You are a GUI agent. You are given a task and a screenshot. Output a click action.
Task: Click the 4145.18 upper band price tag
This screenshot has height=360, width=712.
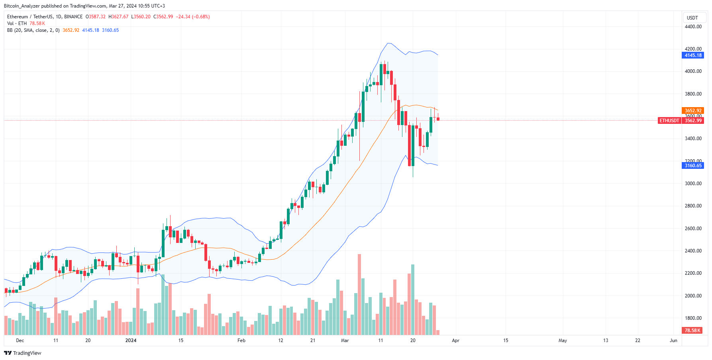click(x=693, y=55)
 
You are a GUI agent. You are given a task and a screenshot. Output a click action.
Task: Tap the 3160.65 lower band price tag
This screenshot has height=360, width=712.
click(x=693, y=166)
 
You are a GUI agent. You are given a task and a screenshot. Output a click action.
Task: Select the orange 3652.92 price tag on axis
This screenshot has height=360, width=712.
click(x=693, y=111)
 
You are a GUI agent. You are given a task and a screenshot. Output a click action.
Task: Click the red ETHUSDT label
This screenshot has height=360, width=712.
click(x=669, y=121)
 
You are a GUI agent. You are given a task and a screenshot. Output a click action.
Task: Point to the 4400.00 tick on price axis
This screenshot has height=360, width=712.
click(x=693, y=27)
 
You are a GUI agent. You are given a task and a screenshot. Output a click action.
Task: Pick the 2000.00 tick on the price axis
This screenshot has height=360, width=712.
click(x=693, y=296)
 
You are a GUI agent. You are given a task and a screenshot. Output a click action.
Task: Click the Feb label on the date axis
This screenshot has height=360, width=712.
click(x=241, y=340)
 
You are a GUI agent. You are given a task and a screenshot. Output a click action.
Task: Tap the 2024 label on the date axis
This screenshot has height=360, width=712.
click(x=131, y=340)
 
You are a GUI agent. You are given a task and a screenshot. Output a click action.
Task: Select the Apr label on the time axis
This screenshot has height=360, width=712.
click(x=455, y=340)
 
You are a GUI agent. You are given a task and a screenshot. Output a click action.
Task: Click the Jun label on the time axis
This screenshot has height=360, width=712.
click(x=673, y=340)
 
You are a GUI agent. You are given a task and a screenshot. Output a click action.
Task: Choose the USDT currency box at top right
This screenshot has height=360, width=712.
click(x=692, y=18)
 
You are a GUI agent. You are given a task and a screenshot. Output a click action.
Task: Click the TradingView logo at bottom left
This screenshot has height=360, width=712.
click(x=23, y=353)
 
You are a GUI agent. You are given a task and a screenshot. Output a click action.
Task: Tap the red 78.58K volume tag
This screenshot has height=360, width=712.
click(x=692, y=331)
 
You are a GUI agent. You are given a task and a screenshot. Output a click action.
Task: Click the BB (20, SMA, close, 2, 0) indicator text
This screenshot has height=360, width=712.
click(x=33, y=30)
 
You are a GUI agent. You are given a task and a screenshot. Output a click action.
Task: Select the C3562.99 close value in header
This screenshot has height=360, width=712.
click(x=163, y=17)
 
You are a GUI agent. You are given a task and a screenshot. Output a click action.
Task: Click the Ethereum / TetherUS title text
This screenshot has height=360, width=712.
click(x=45, y=17)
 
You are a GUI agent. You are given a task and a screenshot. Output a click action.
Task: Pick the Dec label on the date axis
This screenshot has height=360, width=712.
click(x=20, y=340)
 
